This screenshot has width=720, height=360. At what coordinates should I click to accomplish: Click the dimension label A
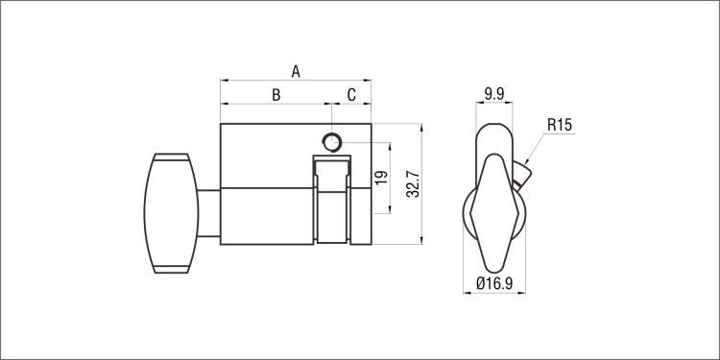point(296,71)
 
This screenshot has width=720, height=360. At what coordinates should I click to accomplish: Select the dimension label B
point(276,95)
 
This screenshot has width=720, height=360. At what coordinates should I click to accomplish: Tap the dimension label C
point(351,95)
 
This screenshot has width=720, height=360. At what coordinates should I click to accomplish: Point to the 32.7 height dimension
point(413,183)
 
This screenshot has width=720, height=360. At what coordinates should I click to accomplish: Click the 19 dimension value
point(381,178)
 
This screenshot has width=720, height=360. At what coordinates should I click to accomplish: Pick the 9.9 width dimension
point(494,94)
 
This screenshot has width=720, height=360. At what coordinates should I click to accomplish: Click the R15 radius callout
point(560,125)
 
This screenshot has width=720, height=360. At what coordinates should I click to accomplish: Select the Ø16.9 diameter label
point(494,283)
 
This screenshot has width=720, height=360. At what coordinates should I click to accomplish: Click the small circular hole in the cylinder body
point(332,142)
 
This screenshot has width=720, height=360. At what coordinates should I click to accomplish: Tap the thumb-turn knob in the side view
point(171,213)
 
